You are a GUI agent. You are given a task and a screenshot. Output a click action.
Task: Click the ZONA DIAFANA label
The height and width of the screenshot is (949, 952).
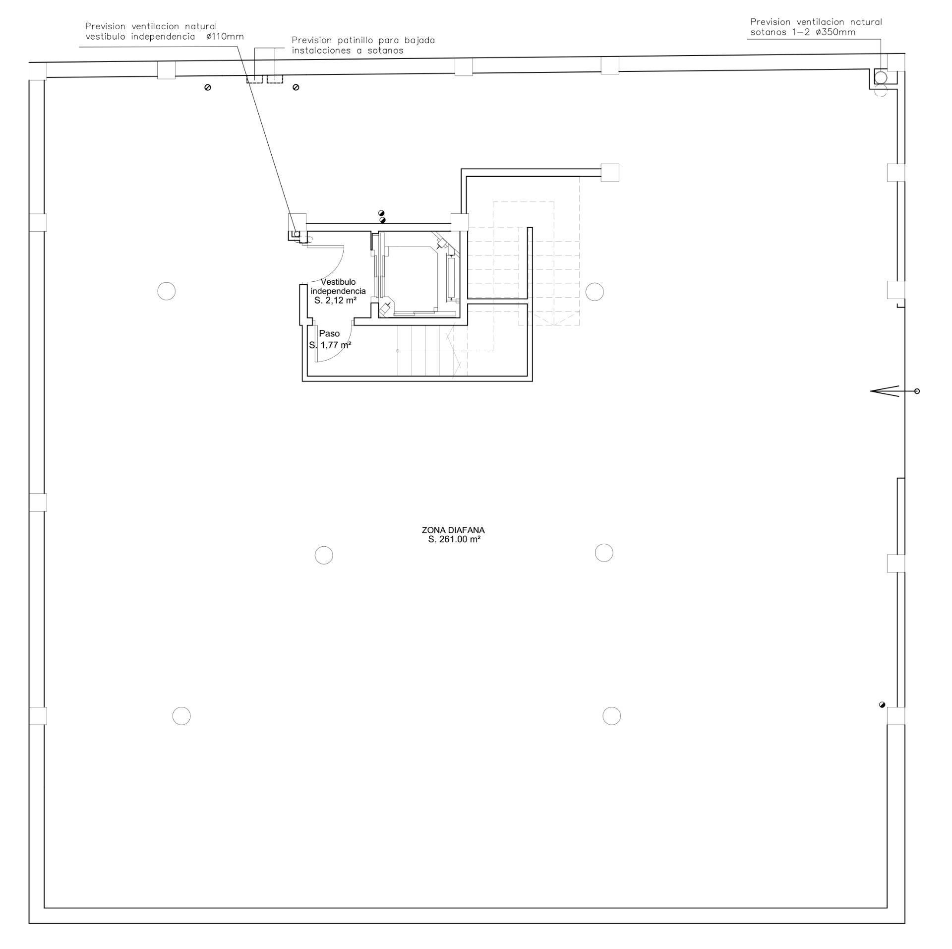453,530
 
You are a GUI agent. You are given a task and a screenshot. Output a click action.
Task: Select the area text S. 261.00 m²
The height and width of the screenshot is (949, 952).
454,539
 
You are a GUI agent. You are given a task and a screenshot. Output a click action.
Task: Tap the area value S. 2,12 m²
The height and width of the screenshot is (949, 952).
336,300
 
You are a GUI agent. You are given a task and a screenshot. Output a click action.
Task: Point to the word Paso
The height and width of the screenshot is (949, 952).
329,333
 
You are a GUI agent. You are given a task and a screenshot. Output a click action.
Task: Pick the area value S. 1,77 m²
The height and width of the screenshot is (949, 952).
330,345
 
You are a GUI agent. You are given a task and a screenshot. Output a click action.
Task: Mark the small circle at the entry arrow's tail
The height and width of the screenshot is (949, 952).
917,391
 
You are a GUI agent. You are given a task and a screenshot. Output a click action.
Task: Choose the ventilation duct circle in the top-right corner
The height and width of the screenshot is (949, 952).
881,77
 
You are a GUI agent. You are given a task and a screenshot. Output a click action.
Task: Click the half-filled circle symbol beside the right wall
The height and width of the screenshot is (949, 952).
882,705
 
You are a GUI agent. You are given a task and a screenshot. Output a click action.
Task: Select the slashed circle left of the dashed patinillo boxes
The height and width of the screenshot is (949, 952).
208,87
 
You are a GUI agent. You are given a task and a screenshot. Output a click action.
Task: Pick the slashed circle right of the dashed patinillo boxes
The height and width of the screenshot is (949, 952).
296,87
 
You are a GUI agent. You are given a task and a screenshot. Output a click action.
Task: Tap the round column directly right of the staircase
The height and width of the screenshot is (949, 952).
595,292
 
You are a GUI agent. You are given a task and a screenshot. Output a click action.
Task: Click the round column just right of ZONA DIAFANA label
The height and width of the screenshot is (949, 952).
604,552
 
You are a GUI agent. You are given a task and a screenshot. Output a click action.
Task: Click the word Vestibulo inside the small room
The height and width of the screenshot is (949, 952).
338,282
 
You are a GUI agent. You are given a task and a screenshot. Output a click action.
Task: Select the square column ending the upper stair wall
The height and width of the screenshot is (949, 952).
610,173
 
